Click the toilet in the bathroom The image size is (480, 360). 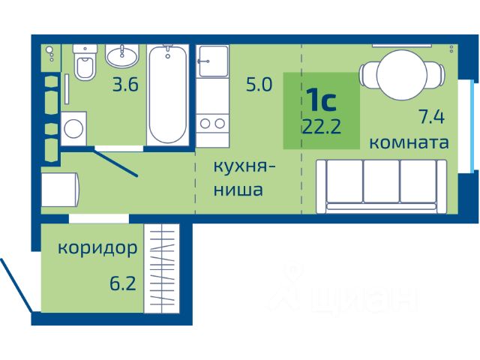85,62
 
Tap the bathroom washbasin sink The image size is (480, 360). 121,56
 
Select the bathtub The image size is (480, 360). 167,95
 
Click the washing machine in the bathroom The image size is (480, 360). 73,129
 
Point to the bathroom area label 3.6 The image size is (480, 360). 125,85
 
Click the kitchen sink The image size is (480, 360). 213,61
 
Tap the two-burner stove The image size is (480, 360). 212,124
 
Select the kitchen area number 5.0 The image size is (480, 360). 259,85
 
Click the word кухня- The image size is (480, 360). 244,167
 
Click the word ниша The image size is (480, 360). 238,190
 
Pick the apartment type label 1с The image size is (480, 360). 323,100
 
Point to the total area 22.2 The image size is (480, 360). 322,127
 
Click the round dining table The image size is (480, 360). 402,75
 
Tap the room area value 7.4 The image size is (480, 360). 431,117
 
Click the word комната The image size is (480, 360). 409,142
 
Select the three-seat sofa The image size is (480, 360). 382,187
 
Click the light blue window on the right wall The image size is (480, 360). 474,126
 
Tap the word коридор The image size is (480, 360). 97,248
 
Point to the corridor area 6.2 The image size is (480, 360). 123,283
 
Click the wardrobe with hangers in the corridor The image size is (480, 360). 162,268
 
